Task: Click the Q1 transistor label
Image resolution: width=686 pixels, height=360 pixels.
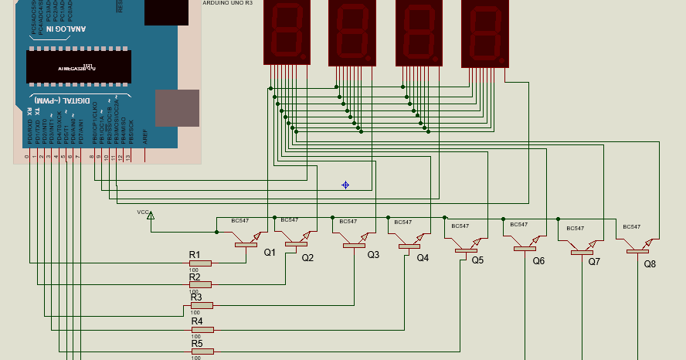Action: (270, 252)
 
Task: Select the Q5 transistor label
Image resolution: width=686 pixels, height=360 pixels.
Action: (477, 260)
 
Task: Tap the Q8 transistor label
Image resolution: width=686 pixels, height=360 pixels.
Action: (650, 263)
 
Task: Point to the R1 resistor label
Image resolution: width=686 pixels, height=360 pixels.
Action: (195, 255)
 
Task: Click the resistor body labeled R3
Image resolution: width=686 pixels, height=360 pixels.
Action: (202, 305)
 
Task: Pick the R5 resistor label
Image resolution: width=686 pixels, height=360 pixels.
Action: (196, 344)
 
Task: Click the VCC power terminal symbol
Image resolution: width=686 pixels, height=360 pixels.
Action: (151, 216)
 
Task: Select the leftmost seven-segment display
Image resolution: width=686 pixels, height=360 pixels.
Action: (287, 32)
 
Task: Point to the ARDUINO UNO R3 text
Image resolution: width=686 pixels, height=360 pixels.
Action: (228, 3)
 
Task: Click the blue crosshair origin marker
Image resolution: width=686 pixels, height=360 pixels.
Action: (345, 185)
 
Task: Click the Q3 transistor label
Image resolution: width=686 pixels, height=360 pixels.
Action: (373, 254)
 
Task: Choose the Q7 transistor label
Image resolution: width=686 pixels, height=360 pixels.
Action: (594, 261)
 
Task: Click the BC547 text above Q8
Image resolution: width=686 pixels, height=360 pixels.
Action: (631, 226)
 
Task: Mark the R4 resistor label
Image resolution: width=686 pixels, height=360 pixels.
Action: (196, 321)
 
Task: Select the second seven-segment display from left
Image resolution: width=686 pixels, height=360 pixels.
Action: (352, 32)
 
